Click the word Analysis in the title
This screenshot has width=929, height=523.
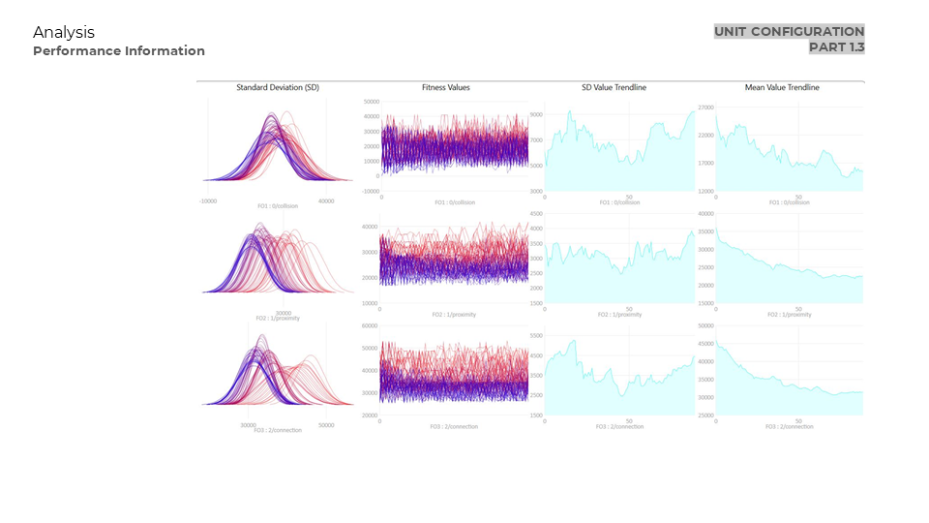[x=64, y=33]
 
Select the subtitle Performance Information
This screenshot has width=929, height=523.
[x=119, y=51]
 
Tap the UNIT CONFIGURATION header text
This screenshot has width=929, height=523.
[x=789, y=32]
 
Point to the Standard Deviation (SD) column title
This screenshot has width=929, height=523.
[x=278, y=88]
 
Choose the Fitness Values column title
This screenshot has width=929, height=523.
[x=446, y=88]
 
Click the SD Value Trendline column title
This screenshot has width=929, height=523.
[x=614, y=88]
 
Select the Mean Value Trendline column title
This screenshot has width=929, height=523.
[x=782, y=88]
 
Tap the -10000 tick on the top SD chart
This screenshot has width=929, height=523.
[x=208, y=201]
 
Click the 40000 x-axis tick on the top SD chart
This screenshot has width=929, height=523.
[x=326, y=201]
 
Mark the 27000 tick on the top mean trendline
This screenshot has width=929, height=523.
[x=705, y=108]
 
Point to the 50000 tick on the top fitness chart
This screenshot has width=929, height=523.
[x=371, y=102]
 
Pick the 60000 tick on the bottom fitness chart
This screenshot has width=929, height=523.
[x=369, y=326]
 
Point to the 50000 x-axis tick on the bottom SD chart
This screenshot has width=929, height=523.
[x=326, y=425]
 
